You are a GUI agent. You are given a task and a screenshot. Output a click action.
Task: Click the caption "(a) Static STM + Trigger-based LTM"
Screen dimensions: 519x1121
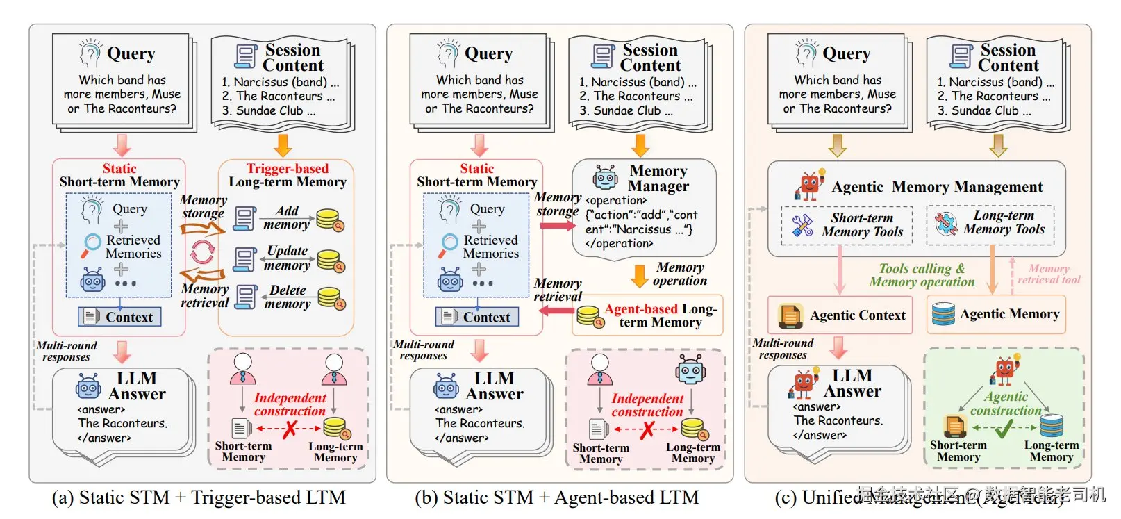(199, 497)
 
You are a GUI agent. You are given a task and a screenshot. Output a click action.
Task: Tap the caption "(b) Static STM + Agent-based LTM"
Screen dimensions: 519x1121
(557, 497)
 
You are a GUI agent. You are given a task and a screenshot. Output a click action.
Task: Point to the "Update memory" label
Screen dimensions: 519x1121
(287, 258)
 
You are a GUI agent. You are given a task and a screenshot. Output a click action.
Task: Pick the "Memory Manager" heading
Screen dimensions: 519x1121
(658, 179)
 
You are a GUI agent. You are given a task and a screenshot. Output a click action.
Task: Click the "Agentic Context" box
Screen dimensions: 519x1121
(840, 315)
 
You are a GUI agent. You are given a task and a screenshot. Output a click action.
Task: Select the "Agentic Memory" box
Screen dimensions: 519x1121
(995, 314)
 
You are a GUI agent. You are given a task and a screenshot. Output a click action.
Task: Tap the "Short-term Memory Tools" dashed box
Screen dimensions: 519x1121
(847, 225)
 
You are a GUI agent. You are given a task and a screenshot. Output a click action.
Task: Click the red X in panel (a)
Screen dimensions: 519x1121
(289, 429)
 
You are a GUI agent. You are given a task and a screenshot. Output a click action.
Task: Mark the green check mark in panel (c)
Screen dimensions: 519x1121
(1004, 429)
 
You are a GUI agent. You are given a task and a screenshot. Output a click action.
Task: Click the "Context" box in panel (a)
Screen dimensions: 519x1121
(119, 318)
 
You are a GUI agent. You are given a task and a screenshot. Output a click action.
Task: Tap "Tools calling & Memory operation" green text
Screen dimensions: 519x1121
(922, 275)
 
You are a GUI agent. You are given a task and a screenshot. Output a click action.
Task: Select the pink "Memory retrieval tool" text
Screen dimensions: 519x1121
(1049, 274)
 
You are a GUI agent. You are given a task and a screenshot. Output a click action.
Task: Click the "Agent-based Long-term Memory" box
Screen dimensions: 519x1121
(647, 315)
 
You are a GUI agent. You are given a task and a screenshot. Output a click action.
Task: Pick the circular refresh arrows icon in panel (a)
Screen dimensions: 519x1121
(202, 252)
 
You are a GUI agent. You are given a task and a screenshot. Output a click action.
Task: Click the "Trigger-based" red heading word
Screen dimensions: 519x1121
(287, 169)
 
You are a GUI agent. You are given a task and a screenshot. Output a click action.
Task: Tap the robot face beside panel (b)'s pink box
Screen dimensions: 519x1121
(690, 370)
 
